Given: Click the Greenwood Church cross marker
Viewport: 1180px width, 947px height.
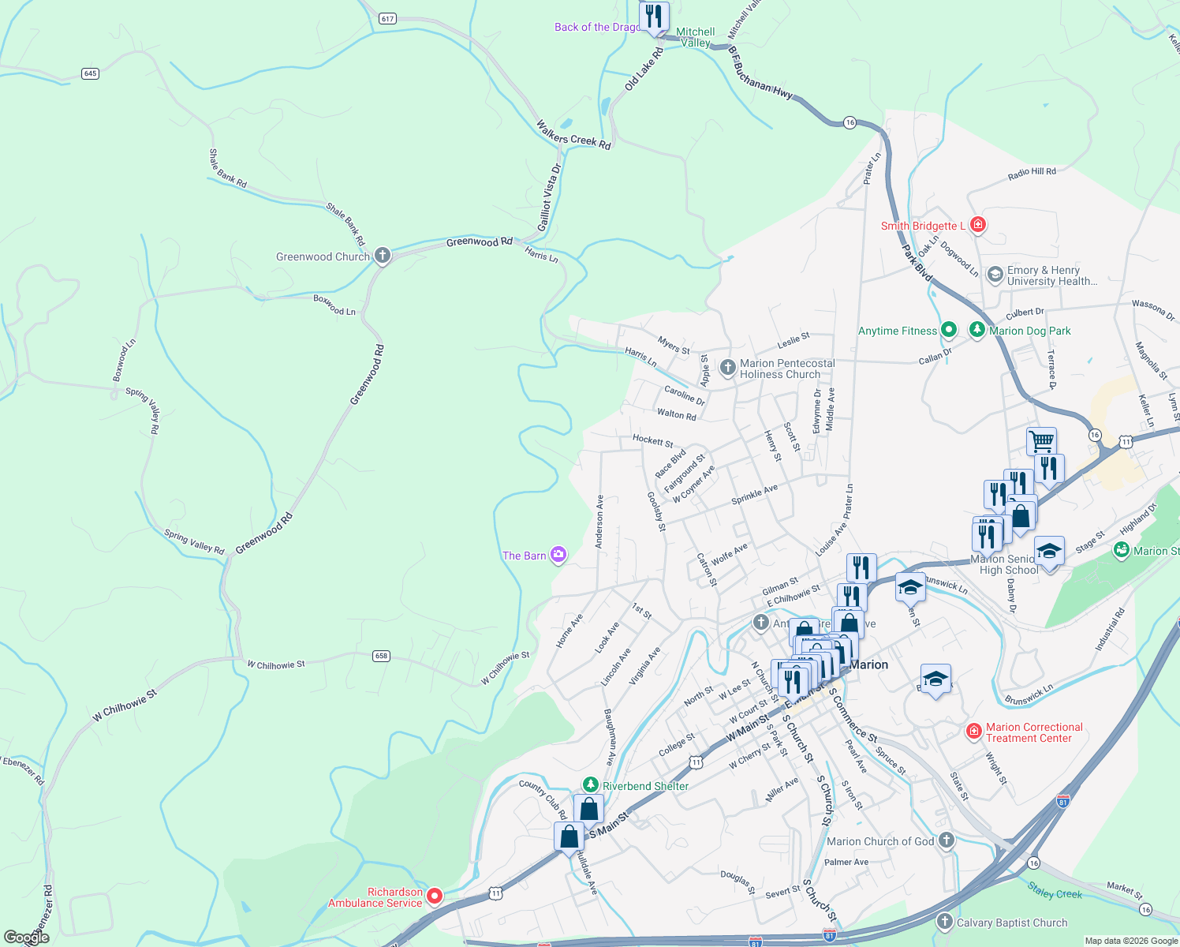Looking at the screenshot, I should (383, 256).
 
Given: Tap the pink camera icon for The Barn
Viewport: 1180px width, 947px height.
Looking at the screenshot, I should (558, 556).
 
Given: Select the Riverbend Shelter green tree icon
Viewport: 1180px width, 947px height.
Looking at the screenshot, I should (591, 785).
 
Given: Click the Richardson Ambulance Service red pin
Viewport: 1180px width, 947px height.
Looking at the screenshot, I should (435, 896).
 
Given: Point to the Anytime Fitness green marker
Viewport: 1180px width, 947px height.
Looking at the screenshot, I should (949, 330).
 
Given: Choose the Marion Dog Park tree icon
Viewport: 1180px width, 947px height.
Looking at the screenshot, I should (977, 330).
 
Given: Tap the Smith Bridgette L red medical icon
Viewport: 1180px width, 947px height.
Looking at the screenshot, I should (978, 225).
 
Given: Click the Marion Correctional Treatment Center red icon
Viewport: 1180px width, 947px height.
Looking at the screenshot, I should (973, 732).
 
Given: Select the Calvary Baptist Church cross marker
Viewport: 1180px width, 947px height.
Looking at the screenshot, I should (945, 922).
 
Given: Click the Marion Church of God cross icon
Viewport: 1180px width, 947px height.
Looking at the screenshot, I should (947, 841).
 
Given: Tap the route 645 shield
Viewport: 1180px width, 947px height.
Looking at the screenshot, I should (90, 73).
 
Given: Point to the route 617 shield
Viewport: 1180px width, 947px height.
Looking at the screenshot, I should (386, 18).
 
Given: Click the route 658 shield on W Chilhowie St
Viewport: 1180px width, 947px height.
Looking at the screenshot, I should (382, 656).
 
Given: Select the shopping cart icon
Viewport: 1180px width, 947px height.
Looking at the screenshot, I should (1041, 440).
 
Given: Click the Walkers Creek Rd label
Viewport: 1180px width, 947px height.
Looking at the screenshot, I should (573, 135).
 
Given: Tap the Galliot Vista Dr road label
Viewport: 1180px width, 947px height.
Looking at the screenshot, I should (549, 198).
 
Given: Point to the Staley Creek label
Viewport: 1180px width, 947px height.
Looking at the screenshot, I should (1055, 892).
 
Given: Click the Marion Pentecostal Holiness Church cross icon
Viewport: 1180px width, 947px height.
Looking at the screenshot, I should (728, 367).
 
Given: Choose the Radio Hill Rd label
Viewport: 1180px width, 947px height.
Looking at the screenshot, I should (1032, 174).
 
